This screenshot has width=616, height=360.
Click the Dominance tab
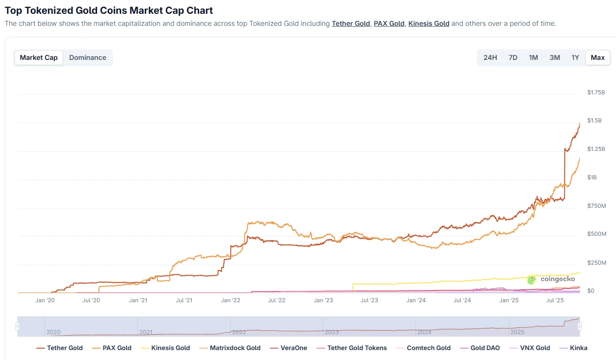tap(88, 58)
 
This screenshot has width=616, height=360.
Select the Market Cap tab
tap(39, 58)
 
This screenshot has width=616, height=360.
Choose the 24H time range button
tap(490, 58)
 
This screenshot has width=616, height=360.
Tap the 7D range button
tap(513, 58)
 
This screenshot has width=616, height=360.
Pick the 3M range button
tap(555, 58)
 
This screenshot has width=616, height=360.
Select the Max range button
tap(597, 58)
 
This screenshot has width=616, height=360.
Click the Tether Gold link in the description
tap(350, 24)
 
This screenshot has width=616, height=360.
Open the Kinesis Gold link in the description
tap(428, 24)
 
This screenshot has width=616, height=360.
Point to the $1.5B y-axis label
tap(594, 121)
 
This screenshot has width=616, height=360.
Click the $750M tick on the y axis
tap(597, 206)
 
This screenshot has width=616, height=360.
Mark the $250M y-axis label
tap(597, 263)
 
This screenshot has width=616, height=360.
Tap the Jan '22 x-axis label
tap(231, 300)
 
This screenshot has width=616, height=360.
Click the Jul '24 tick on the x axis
tap(463, 300)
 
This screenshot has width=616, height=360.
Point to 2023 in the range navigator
tap(331, 332)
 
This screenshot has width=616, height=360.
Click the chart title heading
tap(109, 10)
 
